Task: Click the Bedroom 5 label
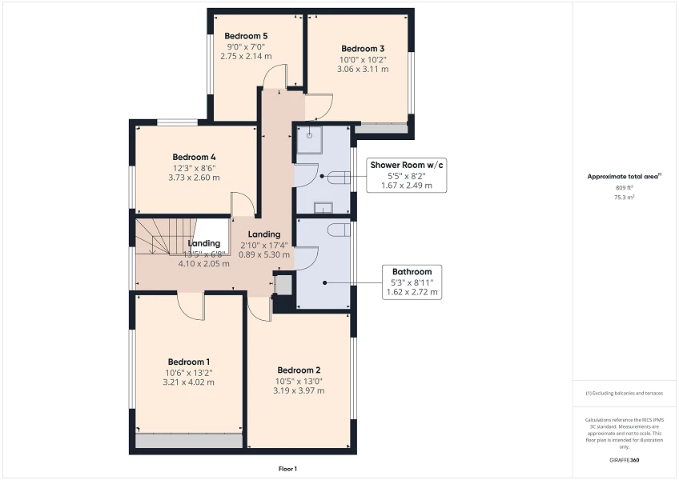pos(246,36)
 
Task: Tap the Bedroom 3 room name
pos(363,48)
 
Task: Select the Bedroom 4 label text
pos(194,157)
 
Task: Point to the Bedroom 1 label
pos(190,361)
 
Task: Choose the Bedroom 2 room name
pos(299,370)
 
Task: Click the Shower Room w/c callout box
pos(406,174)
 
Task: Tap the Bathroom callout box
pos(412,282)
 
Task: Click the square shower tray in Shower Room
pos(308,138)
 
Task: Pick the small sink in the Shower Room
pos(322,209)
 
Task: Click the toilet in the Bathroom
pos(337,231)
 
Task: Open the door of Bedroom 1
pos(191,304)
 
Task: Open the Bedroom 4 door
pos(242,204)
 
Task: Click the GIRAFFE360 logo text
pos(624,460)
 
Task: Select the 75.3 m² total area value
pos(624,196)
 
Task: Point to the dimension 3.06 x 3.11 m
pos(364,70)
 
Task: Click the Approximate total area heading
pos(625,176)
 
